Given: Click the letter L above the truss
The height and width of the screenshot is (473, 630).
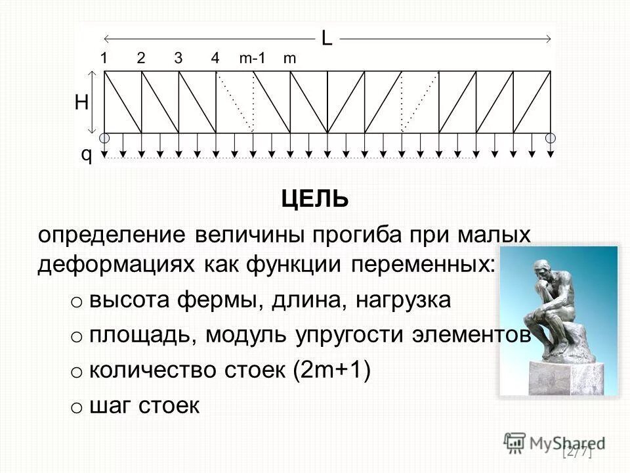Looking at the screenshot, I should click(x=326, y=39).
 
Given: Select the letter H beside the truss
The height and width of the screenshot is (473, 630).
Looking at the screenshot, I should click(x=81, y=102).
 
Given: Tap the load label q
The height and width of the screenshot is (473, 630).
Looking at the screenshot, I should click(x=86, y=155).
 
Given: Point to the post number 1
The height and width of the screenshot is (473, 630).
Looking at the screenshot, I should click(x=104, y=58).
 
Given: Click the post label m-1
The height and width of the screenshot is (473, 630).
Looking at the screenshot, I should click(x=252, y=58).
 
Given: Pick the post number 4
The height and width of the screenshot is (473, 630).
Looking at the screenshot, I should click(x=215, y=58).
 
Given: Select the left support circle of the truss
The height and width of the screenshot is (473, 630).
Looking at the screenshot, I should click(x=105, y=138).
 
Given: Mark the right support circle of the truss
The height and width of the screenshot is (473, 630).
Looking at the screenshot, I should click(x=551, y=138).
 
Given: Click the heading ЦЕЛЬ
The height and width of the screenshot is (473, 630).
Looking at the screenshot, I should click(x=315, y=198).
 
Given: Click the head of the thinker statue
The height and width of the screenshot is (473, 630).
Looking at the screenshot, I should click(x=542, y=268).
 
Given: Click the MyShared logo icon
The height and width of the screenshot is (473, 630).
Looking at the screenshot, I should click(x=516, y=442).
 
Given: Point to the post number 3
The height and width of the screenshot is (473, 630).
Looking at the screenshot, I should click(x=178, y=58).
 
